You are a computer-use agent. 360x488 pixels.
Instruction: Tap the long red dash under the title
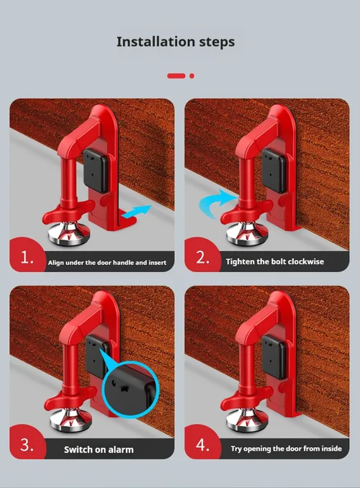(176, 76)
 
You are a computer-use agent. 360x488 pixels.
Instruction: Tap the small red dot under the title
(192, 76)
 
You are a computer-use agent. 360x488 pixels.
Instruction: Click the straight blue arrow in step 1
(136, 212)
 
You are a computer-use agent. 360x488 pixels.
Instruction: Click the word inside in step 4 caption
(332, 448)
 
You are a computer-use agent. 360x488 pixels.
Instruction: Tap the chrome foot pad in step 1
(70, 233)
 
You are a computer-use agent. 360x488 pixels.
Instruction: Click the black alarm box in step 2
(274, 171)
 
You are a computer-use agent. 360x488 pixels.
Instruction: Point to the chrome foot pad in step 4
(247, 420)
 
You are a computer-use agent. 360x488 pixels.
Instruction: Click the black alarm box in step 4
(274, 357)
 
